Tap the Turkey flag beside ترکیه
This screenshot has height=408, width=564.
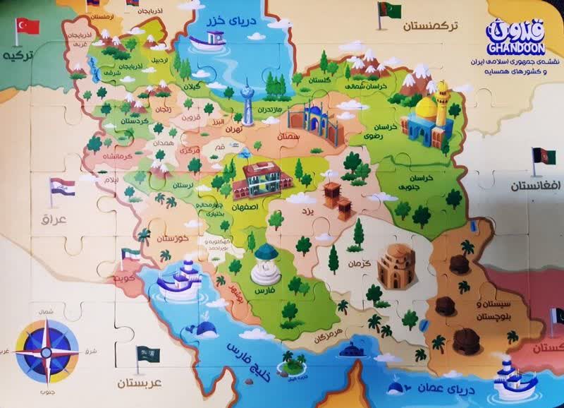pyautogui.click(x=28, y=27)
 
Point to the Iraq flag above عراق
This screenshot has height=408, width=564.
pyautogui.click(x=62, y=188)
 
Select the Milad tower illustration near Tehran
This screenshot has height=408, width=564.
pyautogui.click(x=246, y=104)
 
